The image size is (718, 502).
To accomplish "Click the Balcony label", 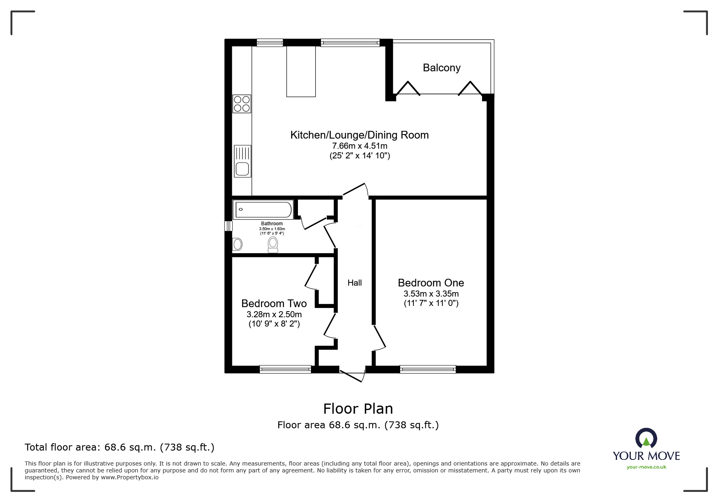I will point(442,68).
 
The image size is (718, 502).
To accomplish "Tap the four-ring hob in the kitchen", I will point(242,104).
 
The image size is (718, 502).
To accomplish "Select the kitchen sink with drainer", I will point(242,161).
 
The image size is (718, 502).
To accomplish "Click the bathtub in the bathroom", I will point(263,209).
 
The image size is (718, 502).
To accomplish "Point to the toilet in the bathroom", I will point(273,245).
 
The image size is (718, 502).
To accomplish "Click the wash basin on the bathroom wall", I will point(238,244).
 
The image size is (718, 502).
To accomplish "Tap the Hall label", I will point(354,283).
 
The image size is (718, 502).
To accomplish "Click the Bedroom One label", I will point(431,283).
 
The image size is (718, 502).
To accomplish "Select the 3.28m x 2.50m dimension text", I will point(274,314).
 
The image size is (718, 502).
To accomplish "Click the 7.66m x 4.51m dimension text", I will point(360,146).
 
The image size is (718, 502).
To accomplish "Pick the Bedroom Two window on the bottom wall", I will point(285,369).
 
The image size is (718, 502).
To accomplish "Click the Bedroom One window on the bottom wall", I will point(428,369).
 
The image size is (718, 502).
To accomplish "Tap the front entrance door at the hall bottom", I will point(352,375).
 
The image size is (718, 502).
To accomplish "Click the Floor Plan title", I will point(358,408).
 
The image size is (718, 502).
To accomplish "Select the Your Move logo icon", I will point(646,439).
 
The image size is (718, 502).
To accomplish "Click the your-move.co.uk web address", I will point(646,467).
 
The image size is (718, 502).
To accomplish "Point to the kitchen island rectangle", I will point(301,71).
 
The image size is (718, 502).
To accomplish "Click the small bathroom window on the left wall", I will point(229,226).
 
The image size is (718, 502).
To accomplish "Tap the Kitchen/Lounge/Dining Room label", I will point(359,135).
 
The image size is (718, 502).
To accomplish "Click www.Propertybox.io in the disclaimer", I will point(130,477).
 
